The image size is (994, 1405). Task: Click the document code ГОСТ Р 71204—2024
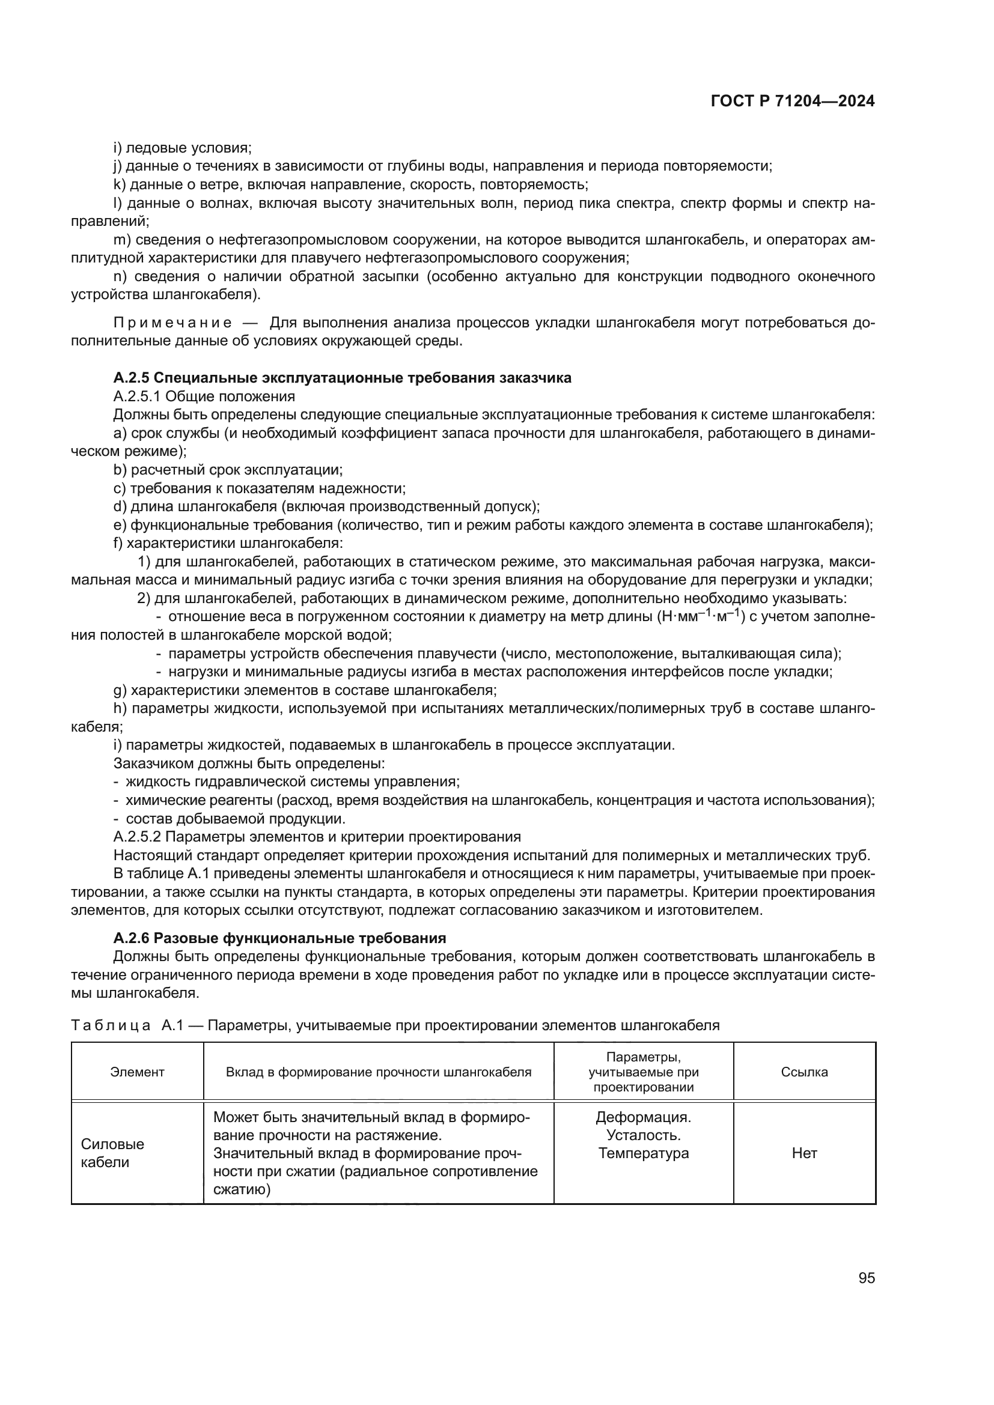coord(793,102)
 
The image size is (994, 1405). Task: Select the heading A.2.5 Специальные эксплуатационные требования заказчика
coord(342,378)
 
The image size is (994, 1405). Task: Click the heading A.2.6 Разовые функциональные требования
coord(279,938)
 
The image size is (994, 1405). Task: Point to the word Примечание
coord(172,323)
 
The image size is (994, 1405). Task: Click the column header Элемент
coord(137,1072)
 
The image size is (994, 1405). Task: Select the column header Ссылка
coord(804,1072)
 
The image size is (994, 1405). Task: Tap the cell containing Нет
coord(804,1153)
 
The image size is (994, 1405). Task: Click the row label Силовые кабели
coord(105,1153)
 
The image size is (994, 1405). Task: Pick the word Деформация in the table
coord(643,1117)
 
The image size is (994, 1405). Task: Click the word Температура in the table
coord(643,1153)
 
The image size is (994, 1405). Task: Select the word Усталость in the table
coord(643,1135)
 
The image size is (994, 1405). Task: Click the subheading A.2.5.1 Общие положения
coord(204,396)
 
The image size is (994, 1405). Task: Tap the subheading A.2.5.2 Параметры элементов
coord(317,837)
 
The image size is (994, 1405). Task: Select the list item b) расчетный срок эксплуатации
coord(228,469)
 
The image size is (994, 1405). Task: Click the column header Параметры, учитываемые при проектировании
coord(643,1072)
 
